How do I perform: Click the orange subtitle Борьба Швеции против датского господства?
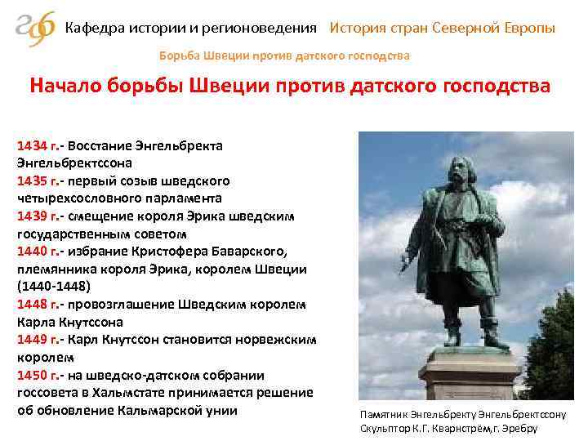tap(283, 56)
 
